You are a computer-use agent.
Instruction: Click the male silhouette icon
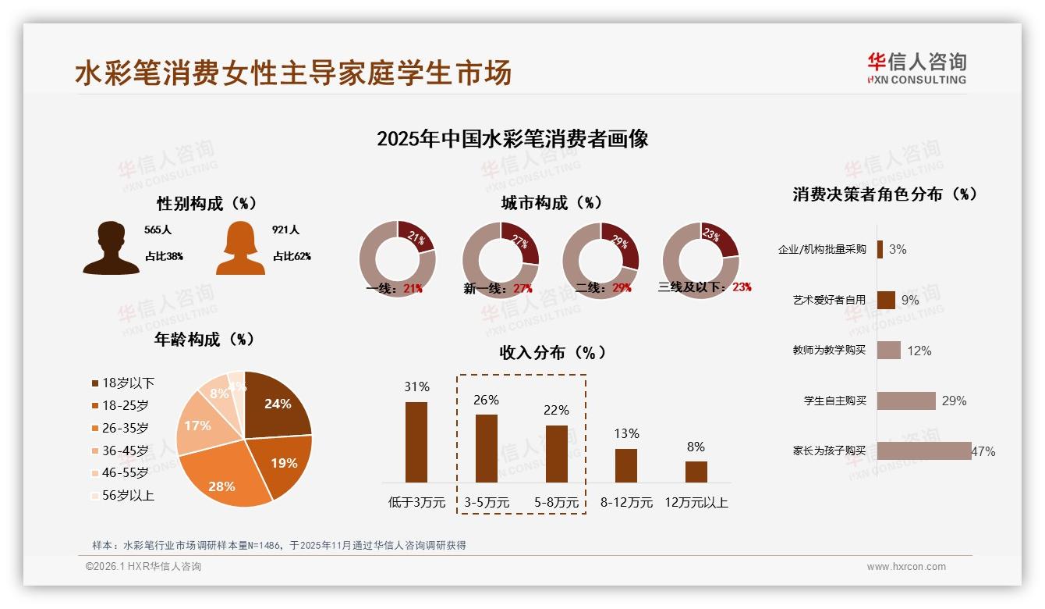pyautogui.click(x=112, y=248)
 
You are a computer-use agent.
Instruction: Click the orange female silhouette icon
pyautogui.click(x=240, y=248)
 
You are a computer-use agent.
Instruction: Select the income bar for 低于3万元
pyautogui.click(x=416, y=442)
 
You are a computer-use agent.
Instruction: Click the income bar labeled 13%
pyautogui.click(x=626, y=465)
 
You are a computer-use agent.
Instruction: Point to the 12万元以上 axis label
pyautogui.click(x=696, y=503)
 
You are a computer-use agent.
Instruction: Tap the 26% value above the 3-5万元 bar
pyautogui.click(x=486, y=400)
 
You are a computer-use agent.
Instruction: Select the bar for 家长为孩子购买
pyautogui.click(x=924, y=451)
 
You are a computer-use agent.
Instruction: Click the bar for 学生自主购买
pyautogui.click(x=906, y=401)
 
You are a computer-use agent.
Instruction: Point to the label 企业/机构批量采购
pyautogui.click(x=822, y=250)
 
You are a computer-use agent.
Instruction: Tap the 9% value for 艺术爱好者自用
pyautogui.click(x=909, y=300)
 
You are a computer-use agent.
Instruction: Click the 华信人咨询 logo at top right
pyautogui.click(x=916, y=68)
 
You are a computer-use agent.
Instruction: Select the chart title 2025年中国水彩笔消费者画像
pyautogui.click(x=512, y=139)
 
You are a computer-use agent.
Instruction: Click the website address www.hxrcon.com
pyautogui.click(x=906, y=567)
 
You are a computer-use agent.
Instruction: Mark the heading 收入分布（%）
pyautogui.click(x=553, y=352)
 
